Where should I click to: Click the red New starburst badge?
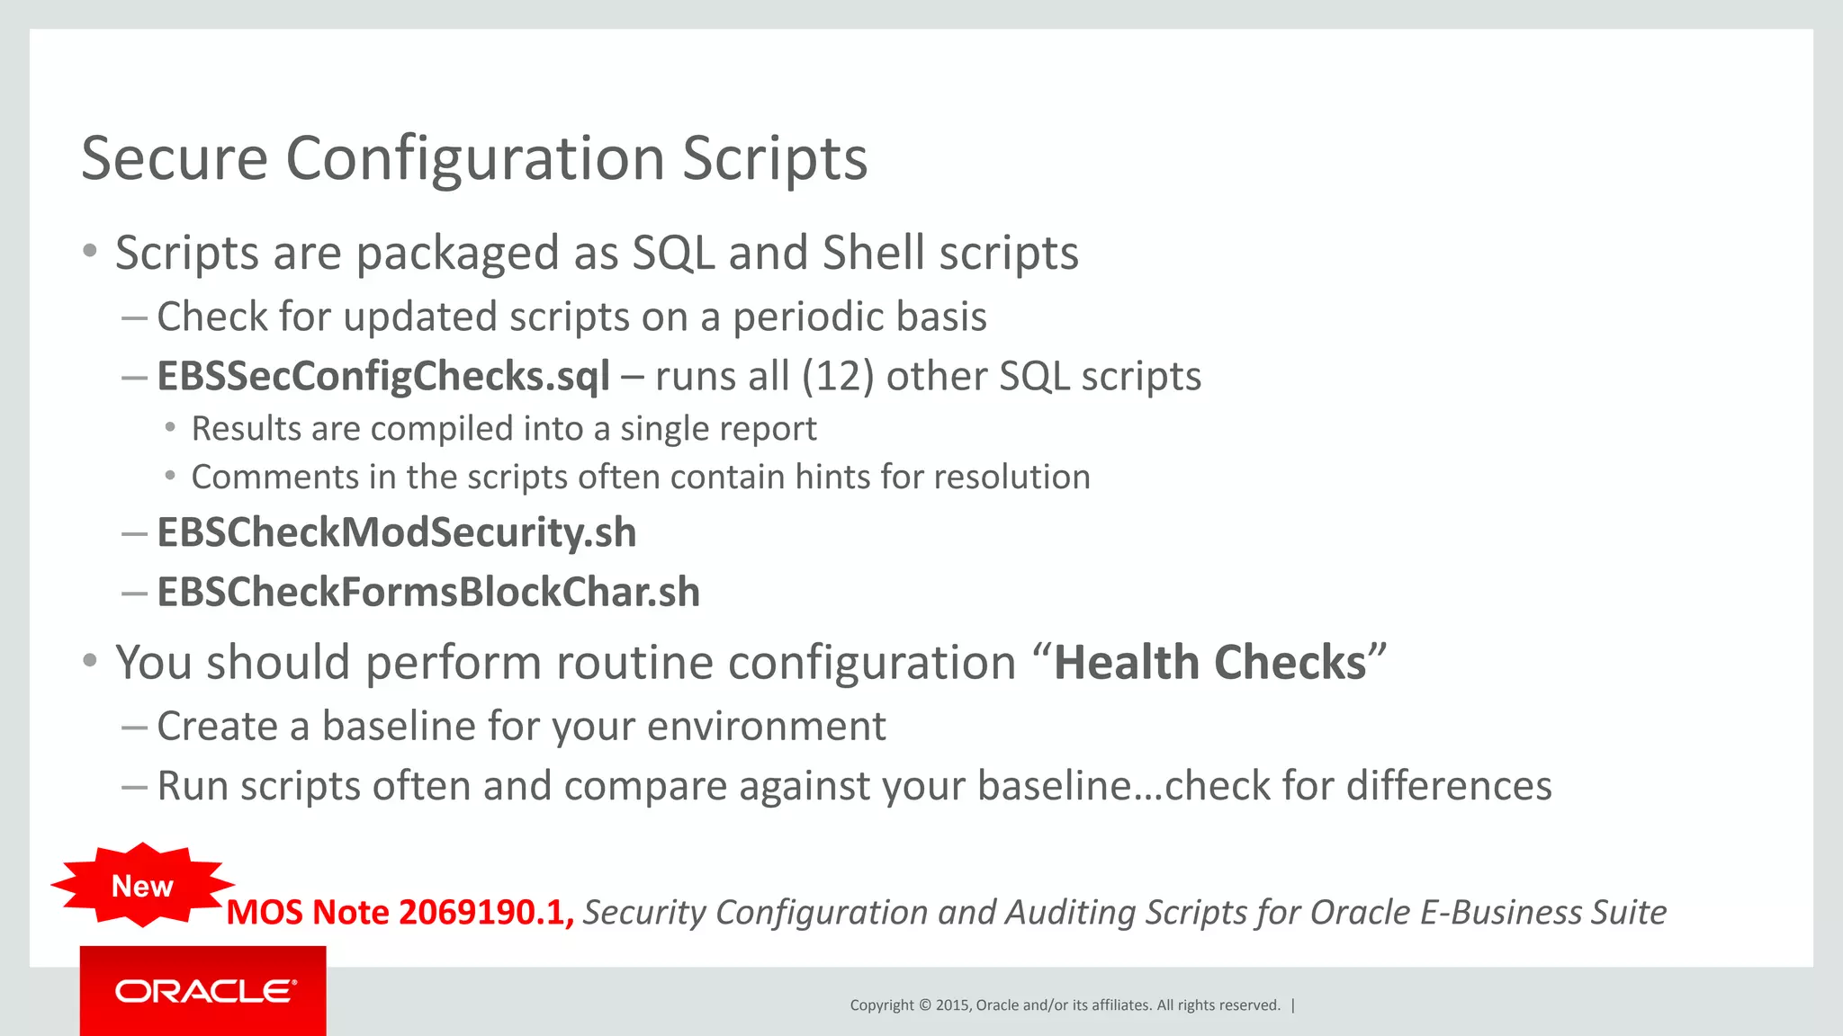click(x=142, y=886)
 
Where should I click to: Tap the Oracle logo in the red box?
click(x=205, y=991)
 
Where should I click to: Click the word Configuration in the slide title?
click(x=475, y=159)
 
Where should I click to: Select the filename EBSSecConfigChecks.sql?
click(x=383, y=376)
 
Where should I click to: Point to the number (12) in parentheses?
click(x=838, y=376)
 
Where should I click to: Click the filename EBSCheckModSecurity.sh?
click(x=397, y=532)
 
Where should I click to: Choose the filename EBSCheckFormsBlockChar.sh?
click(x=428, y=592)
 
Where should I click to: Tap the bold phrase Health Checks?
click(x=1209, y=663)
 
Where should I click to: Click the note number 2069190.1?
click(x=481, y=912)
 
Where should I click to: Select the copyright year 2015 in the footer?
click(x=952, y=1005)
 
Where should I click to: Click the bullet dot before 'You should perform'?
click(x=89, y=662)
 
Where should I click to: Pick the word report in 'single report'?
click(x=775, y=429)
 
